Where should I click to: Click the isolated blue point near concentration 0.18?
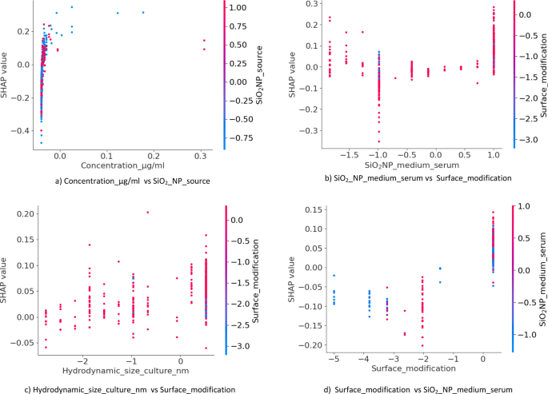[x=143, y=12]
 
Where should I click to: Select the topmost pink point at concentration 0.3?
[x=204, y=41]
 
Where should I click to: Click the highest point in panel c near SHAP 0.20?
[x=147, y=213]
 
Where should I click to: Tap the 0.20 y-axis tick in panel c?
[x=23, y=213]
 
